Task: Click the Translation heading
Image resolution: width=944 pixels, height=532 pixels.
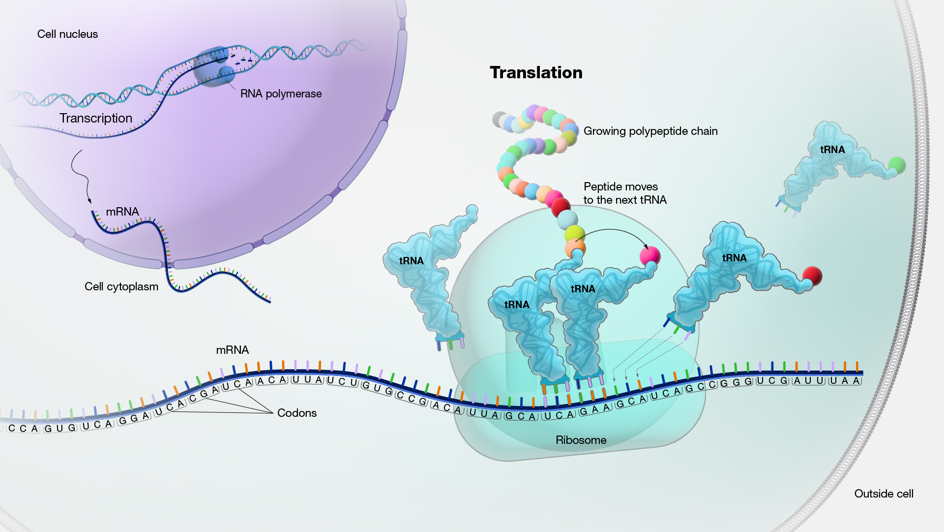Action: (536, 73)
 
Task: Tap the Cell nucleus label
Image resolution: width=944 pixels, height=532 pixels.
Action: (67, 34)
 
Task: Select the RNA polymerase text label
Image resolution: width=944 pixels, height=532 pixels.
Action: (281, 94)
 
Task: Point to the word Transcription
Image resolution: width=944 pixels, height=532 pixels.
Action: (96, 118)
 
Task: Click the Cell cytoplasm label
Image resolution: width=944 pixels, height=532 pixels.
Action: (121, 286)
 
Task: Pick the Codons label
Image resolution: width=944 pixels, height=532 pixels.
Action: (296, 413)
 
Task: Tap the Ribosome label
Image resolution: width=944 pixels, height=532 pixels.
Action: (581, 440)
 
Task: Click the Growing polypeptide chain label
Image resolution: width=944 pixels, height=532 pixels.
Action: (650, 131)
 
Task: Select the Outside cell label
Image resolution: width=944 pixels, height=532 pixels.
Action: (884, 494)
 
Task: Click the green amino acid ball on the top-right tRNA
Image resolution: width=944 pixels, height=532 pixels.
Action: (897, 165)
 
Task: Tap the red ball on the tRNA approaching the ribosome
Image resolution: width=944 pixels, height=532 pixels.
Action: (812, 276)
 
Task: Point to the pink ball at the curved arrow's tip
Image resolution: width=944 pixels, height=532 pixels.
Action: (649, 255)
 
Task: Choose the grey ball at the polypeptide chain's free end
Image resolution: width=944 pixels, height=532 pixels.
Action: (500, 119)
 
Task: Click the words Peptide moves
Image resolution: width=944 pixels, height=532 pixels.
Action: (620, 187)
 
